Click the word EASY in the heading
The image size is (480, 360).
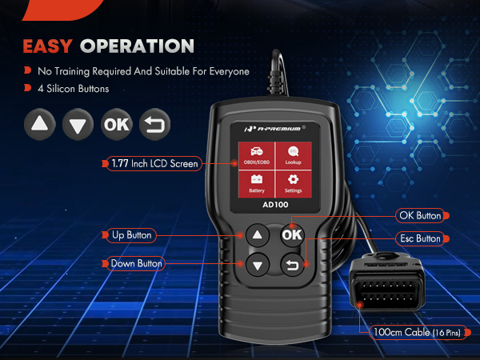click(x=48, y=46)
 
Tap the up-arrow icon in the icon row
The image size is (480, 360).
click(x=40, y=125)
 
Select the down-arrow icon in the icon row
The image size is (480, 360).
click(x=78, y=125)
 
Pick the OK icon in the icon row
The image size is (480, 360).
click(x=116, y=125)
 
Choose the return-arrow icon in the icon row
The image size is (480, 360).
click(x=153, y=125)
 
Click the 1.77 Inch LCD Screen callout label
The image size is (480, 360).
click(x=155, y=163)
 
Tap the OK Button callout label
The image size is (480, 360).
click(x=419, y=215)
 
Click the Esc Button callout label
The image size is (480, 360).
click(x=419, y=238)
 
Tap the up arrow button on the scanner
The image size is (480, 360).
click(x=256, y=235)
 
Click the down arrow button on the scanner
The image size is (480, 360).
click(x=256, y=265)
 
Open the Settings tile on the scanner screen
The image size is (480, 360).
click(x=293, y=184)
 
